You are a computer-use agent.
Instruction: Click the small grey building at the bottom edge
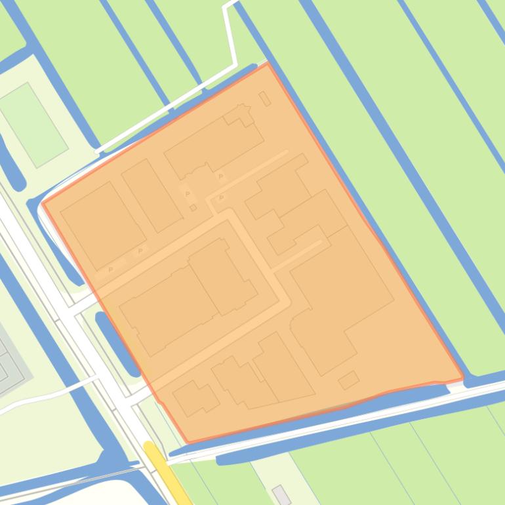pos(282,495)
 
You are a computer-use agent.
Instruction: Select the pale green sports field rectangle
pos(33,124)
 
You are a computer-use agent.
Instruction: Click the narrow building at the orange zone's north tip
pos(265,99)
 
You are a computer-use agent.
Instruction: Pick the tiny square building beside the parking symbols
pos(193,208)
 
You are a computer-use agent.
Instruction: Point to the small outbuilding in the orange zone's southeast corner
pos(348,380)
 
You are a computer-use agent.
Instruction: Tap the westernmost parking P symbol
pos(111,269)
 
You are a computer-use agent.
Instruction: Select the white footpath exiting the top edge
pos(230,33)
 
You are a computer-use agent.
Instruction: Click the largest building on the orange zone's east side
pos(341,289)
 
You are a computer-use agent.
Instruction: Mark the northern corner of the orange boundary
pos(268,64)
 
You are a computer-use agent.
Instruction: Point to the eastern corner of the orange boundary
pos(463,378)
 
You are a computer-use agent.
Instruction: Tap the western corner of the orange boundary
pos(43,203)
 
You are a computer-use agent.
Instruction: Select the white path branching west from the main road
pos(46,393)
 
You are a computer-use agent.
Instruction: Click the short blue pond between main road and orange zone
pos(117,341)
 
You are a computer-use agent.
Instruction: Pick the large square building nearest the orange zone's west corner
pos(103,225)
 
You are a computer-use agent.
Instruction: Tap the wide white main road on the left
pos(79,328)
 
